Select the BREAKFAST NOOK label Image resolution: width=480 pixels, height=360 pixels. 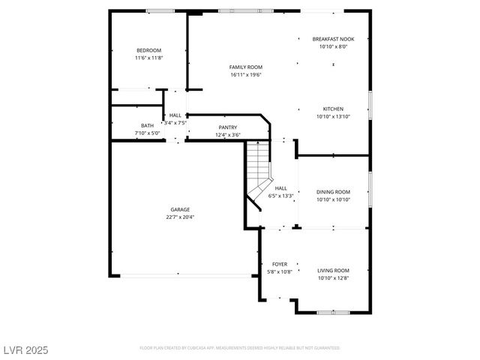coord(333,38)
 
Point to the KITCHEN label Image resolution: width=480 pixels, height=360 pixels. coord(333,108)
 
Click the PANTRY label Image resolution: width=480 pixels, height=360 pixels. coord(227,127)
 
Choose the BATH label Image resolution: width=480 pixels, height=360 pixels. coord(147,125)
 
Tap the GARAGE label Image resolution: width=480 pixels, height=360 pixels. coord(179,209)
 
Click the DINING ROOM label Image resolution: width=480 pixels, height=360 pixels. coord(333,191)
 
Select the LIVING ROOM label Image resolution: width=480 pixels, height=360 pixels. coord(333,270)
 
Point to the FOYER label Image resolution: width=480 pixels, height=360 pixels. coord(279,264)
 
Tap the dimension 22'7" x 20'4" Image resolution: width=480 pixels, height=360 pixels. coord(179,217)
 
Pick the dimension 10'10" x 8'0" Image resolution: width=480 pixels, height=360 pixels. coord(333,46)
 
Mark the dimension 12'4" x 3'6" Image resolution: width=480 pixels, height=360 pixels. coord(227,135)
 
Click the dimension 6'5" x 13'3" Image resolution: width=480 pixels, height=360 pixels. coord(280,196)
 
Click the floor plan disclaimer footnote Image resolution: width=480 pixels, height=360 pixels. coord(239,348)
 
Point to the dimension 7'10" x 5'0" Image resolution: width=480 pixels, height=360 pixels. coord(147,133)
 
